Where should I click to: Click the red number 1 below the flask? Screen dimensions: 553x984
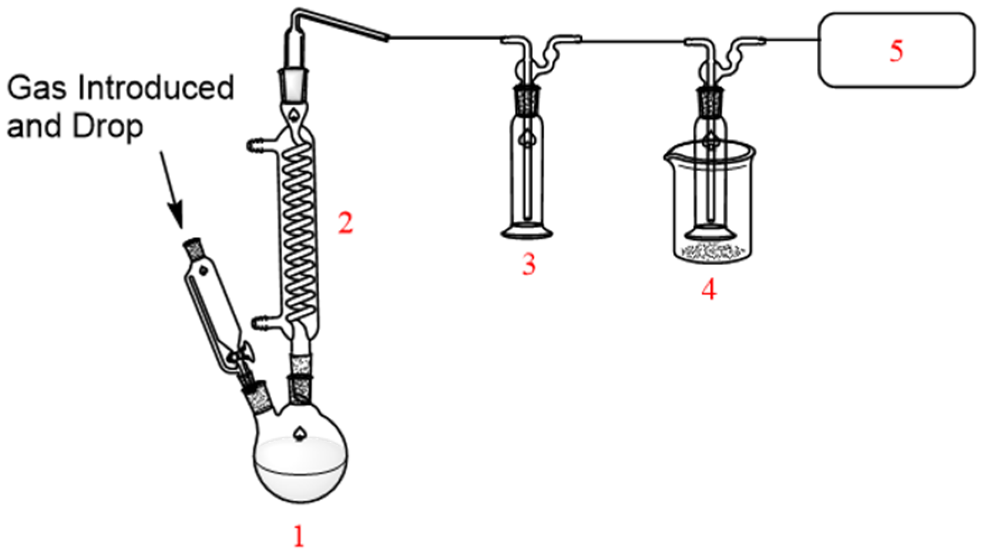[x=299, y=536]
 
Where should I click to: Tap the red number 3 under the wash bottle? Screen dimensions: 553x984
[x=528, y=264]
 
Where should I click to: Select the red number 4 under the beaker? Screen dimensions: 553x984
[x=709, y=289]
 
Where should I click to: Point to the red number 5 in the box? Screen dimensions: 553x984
[x=896, y=50]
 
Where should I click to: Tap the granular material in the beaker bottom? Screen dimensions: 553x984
[x=711, y=251]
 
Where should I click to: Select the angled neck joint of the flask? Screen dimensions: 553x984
[x=259, y=395]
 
